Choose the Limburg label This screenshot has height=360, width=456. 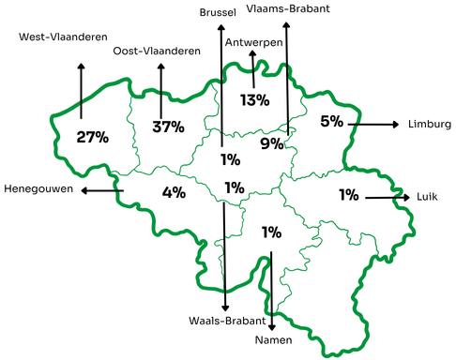coord(430,124)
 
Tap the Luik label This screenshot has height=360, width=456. coord(427,198)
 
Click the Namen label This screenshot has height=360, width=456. coord(272,338)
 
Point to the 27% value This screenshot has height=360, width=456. coord(92,137)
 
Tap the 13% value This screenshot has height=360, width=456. coord(254,99)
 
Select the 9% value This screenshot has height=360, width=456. coord(272,143)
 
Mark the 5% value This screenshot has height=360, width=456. coord(332,121)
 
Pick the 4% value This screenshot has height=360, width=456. coord(173,193)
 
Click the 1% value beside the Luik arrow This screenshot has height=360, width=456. coord(349,195)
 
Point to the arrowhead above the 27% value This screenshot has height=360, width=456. coord(81,67)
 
